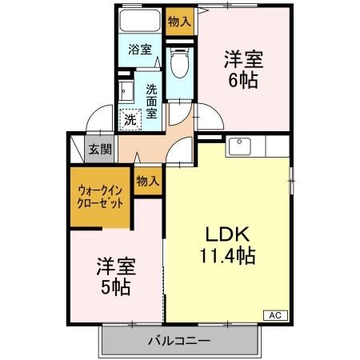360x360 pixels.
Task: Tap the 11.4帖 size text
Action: point(227,257)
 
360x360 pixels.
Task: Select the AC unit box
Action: point(274,314)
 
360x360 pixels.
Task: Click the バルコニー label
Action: point(178,342)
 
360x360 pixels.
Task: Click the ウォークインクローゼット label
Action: point(100,197)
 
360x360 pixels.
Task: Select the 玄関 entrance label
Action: point(100,149)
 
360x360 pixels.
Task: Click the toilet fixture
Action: point(180,62)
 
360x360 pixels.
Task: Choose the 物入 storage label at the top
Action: point(179,22)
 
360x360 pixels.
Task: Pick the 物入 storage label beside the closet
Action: point(147,182)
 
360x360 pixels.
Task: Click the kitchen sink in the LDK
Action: point(240,146)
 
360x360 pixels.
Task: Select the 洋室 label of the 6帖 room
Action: point(243,59)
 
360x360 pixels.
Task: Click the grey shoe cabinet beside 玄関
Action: point(78,148)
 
